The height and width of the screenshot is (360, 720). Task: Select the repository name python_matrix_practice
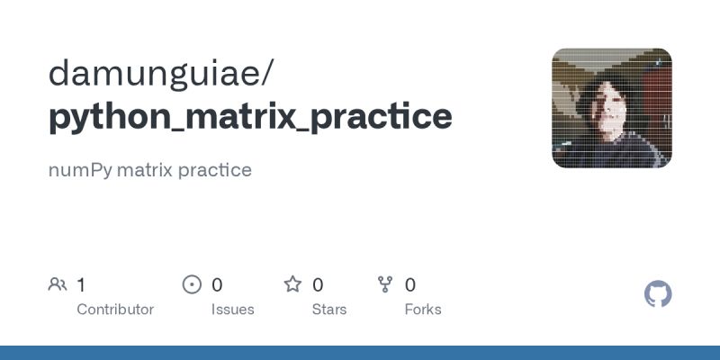[250, 117]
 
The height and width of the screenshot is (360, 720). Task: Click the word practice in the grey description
[218, 169]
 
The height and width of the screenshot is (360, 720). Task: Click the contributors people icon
[58, 285]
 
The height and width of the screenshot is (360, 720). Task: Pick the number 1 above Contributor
[81, 285]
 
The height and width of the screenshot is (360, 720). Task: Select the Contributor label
[115, 309]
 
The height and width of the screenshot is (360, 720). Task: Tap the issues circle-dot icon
[192, 285]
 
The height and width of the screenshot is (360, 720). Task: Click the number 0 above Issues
[217, 285]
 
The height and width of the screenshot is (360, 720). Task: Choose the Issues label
[233, 309]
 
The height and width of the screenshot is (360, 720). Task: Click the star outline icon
[292, 285]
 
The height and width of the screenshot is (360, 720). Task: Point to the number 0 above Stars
[318, 285]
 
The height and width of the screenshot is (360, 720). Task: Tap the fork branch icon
[386, 285]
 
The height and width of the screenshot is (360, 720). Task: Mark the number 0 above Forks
[410, 285]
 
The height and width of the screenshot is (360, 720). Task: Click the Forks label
[423, 309]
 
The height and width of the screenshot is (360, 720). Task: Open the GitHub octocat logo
[659, 294]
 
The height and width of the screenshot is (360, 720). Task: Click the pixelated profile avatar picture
[612, 108]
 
